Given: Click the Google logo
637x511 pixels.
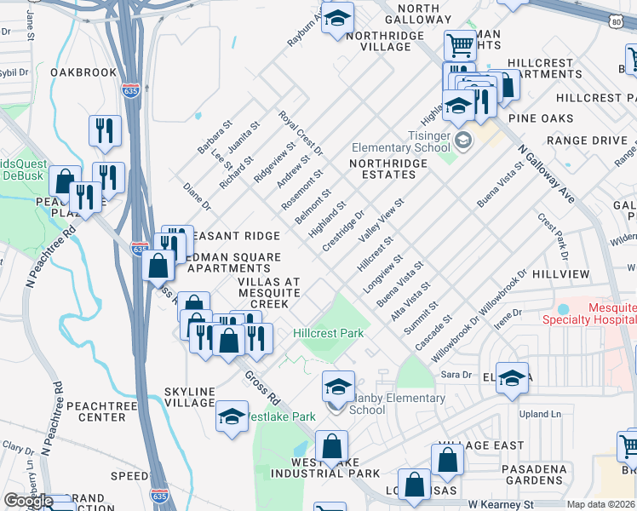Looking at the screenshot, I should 27,502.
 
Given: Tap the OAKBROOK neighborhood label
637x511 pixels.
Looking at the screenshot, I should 83,72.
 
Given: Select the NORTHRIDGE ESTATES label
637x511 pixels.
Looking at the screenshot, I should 382,169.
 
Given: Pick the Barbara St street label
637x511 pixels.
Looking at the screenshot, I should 215,137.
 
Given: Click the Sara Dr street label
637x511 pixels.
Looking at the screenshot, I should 455,375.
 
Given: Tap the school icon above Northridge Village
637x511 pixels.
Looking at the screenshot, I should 337,18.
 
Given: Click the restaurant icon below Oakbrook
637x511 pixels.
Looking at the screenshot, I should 105,130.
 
